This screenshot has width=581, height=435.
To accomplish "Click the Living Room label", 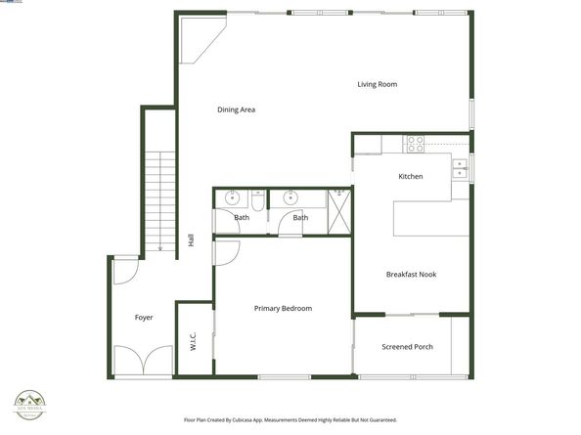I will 377,85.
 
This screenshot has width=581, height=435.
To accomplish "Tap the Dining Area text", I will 236,110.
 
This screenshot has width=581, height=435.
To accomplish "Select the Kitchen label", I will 410,177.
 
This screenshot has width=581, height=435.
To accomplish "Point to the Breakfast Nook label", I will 411,275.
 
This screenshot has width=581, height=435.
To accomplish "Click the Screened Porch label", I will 407,347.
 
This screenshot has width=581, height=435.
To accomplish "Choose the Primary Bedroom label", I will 283,309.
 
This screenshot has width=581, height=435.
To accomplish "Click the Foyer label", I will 144,318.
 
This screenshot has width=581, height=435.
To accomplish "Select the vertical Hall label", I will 190,239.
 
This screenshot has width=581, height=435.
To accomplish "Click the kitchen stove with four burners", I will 416,144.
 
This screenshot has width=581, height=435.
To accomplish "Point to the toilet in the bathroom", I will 257,200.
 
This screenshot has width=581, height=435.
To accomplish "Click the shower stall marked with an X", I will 338,211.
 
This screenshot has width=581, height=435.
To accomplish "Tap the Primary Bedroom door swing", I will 222,252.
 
